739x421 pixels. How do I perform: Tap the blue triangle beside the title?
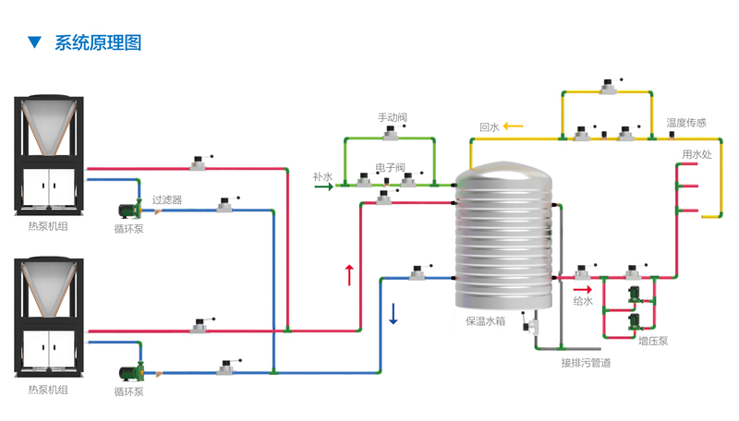tap(34, 42)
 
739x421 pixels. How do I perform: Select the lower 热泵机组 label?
tap(48, 390)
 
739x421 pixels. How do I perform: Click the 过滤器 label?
tap(167, 199)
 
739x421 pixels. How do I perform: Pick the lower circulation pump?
tap(128, 371)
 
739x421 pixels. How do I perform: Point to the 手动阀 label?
tap(393, 118)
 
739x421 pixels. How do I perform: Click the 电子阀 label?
tap(390, 168)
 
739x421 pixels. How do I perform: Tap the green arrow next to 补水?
tap(323, 186)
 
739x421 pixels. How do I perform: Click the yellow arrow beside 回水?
tap(513, 126)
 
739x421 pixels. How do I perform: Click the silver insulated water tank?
tap(504, 240)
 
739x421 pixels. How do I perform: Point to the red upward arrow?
tap(349, 274)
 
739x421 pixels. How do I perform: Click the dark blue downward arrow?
tap(394, 314)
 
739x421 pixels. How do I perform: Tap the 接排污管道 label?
tap(586, 362)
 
